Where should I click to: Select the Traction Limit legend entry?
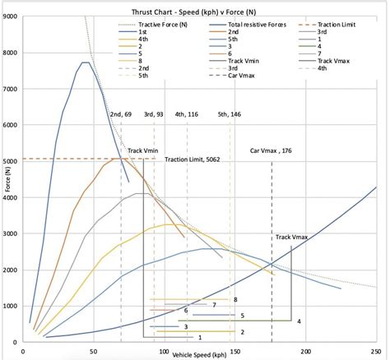(x=327, y=25)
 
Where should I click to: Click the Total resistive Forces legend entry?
(x=248, y=25)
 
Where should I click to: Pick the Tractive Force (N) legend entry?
(x=153, y=25)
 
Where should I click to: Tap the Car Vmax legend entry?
(x=232, y=76)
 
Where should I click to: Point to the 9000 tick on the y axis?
(x=10, y=16)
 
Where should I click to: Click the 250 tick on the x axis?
(x=376, y=351)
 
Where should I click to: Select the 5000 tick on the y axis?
(x=10, y=161)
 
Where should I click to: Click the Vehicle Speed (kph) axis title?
(x=199, y=355)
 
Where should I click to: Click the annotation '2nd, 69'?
(x=121, y=114)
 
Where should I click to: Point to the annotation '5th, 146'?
(x=230, y=114)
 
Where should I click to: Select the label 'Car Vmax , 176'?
(x=271, y=150)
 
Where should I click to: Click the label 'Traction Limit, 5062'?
(x=193, y=159)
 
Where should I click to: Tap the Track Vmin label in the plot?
(x=143, y=150)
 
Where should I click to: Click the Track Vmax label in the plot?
(x=291, y=237)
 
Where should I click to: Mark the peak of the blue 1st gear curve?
(x=86, y=62)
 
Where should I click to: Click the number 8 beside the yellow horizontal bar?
(x=235, y=300)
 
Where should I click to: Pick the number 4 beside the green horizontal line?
(x=299, y=321)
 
